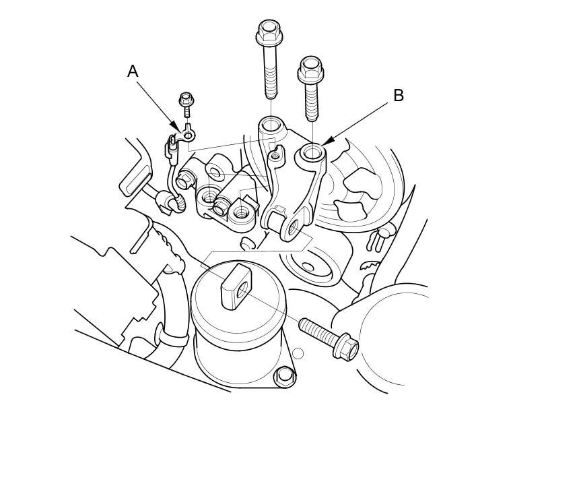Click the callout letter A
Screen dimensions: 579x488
coord(133,71)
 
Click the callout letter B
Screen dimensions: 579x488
coord(399,96)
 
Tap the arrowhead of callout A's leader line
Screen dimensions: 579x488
coord(176,128)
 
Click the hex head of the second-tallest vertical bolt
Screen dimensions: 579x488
coord(311,69)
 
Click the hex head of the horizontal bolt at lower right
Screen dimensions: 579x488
coord(345,346)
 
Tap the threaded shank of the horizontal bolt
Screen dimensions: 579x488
coord(318,331)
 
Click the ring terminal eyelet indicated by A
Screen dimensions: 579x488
coord(189,135)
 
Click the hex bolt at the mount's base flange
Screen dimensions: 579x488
coord(284,376)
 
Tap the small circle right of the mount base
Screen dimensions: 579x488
coord(298,354)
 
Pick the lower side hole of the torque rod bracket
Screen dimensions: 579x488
coord(294,227)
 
